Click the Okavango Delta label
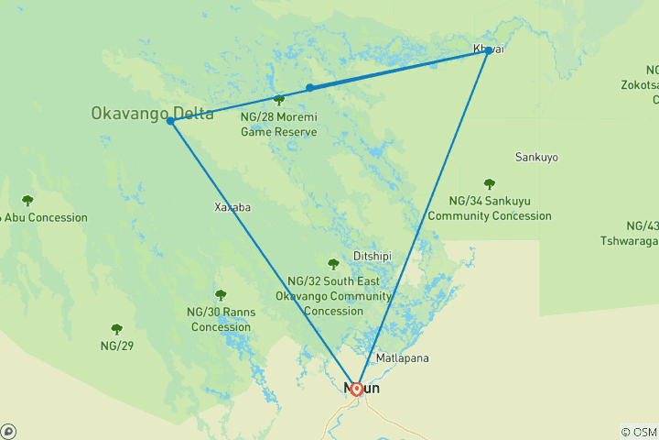(151, 115)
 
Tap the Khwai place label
(488, 49)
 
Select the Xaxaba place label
(232, 207)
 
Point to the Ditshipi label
(373, 256)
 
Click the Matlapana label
(402, 357)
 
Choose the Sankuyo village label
(537, 157)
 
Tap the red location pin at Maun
(357, 388)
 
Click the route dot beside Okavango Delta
(171, 121)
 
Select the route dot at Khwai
(487, 52)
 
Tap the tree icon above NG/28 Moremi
(279, 100)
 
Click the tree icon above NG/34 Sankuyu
(490, 184)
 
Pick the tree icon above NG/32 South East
(333, 265)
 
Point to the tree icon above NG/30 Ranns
(221, 295)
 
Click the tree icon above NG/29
(117, 329)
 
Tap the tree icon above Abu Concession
(27, 201)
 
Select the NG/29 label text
(117, 346)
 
